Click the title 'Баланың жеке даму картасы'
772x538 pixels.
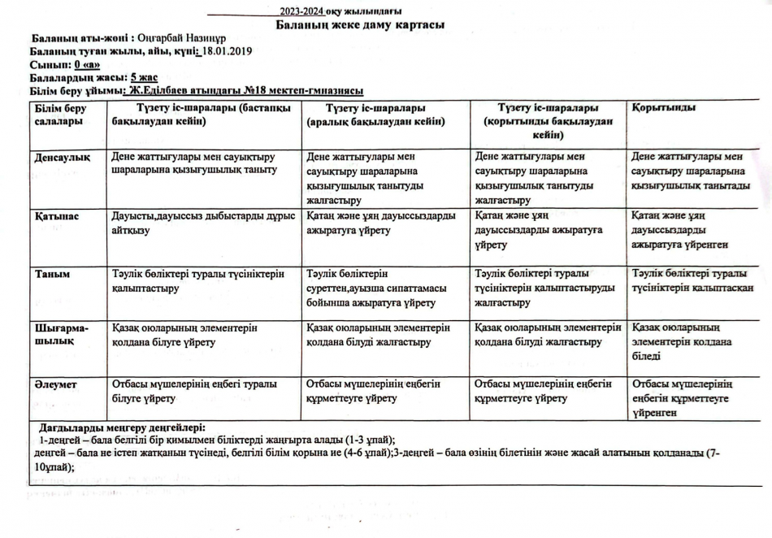tap(359, 25)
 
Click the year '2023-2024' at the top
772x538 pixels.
tap(301, 11)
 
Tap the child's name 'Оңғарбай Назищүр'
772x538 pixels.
tap(179, 38)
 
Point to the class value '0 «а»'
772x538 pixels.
tap(87, 64)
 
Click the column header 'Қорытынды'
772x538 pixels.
tap(663, 108)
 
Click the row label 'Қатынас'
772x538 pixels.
tap(57, 217)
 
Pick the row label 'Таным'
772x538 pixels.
tap(51, 275)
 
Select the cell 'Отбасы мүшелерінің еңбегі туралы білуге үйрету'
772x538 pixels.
tap(194, 391)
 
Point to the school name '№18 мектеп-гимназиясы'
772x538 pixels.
tap(302, 91)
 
